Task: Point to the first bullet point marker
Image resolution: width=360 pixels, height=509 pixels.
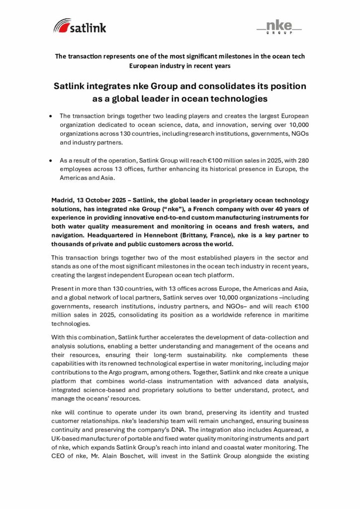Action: pyautogui.click(x=52, y=115)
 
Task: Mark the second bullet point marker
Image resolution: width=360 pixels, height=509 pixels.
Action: pyautogui.click(x=52, y=161)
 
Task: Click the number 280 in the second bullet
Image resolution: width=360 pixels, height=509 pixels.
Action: pyautogui.click(x=301, y=161)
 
